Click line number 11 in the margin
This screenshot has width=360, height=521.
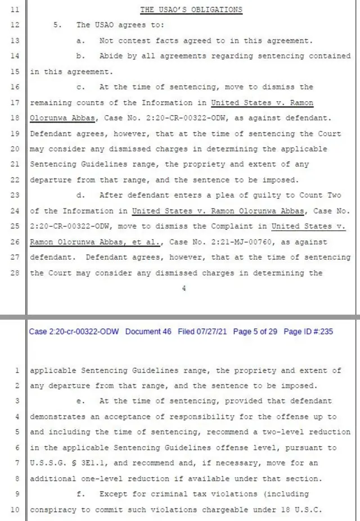point(15,10)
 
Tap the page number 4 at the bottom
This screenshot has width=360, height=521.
point(183,288)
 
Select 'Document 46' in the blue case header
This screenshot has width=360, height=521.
point(148,332)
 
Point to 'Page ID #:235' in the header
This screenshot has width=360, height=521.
point(308,332)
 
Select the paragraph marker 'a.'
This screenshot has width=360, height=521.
point(81,41)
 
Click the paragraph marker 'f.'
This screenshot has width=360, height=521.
point(81,494)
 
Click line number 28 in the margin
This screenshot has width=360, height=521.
point(15,273)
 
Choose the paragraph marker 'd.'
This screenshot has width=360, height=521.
point(81,196)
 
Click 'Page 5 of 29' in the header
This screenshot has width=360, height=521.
point(255,332)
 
